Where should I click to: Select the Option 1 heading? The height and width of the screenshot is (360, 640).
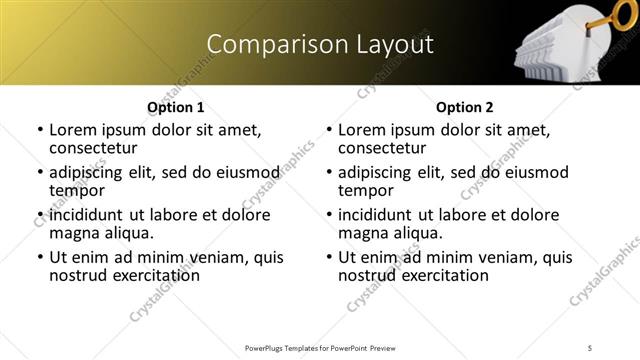tap(176, 107)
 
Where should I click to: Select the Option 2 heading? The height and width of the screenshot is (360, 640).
tap(464, 107)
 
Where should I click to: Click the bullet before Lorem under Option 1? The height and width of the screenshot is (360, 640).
tap(40, 131)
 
